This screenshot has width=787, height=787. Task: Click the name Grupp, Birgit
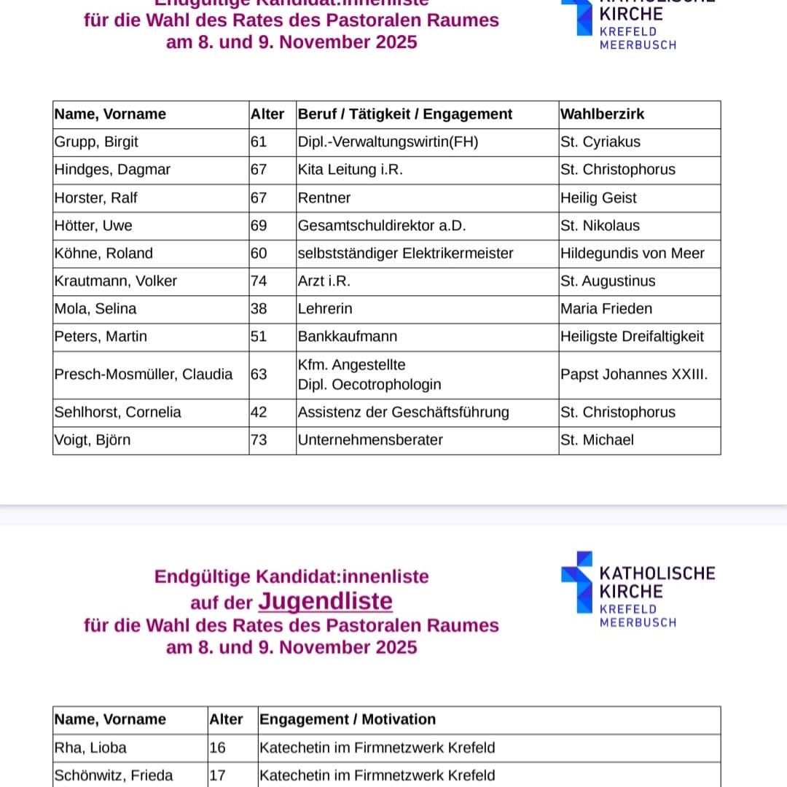(x=96, y=142)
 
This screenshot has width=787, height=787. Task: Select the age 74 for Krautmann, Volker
(x=259, y=281)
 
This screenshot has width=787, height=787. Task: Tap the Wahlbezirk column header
(x=603, y=114)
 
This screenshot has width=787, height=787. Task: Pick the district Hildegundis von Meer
(x=633, y=254)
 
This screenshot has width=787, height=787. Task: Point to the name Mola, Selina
(x=95, y=309)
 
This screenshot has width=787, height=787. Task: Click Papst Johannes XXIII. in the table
(x=634, y=375)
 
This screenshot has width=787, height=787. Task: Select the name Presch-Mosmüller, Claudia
(x=144, y=375)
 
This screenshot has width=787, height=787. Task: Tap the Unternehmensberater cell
(x=370, y=440)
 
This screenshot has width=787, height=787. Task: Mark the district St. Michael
(x=598, y=440)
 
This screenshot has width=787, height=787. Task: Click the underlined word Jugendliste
(x=325, y=602)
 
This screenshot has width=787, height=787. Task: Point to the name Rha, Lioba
(x=90, y=748)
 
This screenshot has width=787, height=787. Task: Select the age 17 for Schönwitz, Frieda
(x=217, y=775)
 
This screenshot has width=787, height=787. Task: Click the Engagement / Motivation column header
(x=348, y=720)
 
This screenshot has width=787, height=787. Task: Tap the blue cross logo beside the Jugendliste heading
(x=576, y=582)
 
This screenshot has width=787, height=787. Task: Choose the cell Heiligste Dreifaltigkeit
(x=633, y=337)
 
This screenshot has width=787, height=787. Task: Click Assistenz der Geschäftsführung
(x=403, y=412)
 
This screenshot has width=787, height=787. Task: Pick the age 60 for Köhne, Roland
(x=259, y=254)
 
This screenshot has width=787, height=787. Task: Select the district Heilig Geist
(x=598, y=198)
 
